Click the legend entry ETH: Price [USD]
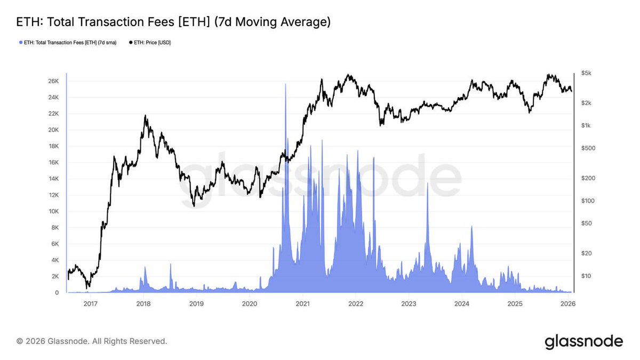[151, 42]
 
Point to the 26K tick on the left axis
[53, 81]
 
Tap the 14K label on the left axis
[53, 179]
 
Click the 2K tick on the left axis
[55, 276]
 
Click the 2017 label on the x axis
[90, 304]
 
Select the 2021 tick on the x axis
[302, 304]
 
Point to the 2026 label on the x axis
[568, 304]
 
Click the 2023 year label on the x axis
[409, 304]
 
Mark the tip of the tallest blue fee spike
[286, 84]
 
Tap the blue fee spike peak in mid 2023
[427, 183]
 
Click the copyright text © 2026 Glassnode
[92, 341]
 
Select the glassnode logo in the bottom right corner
[583, 341]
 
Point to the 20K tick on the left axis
[53, 130]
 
